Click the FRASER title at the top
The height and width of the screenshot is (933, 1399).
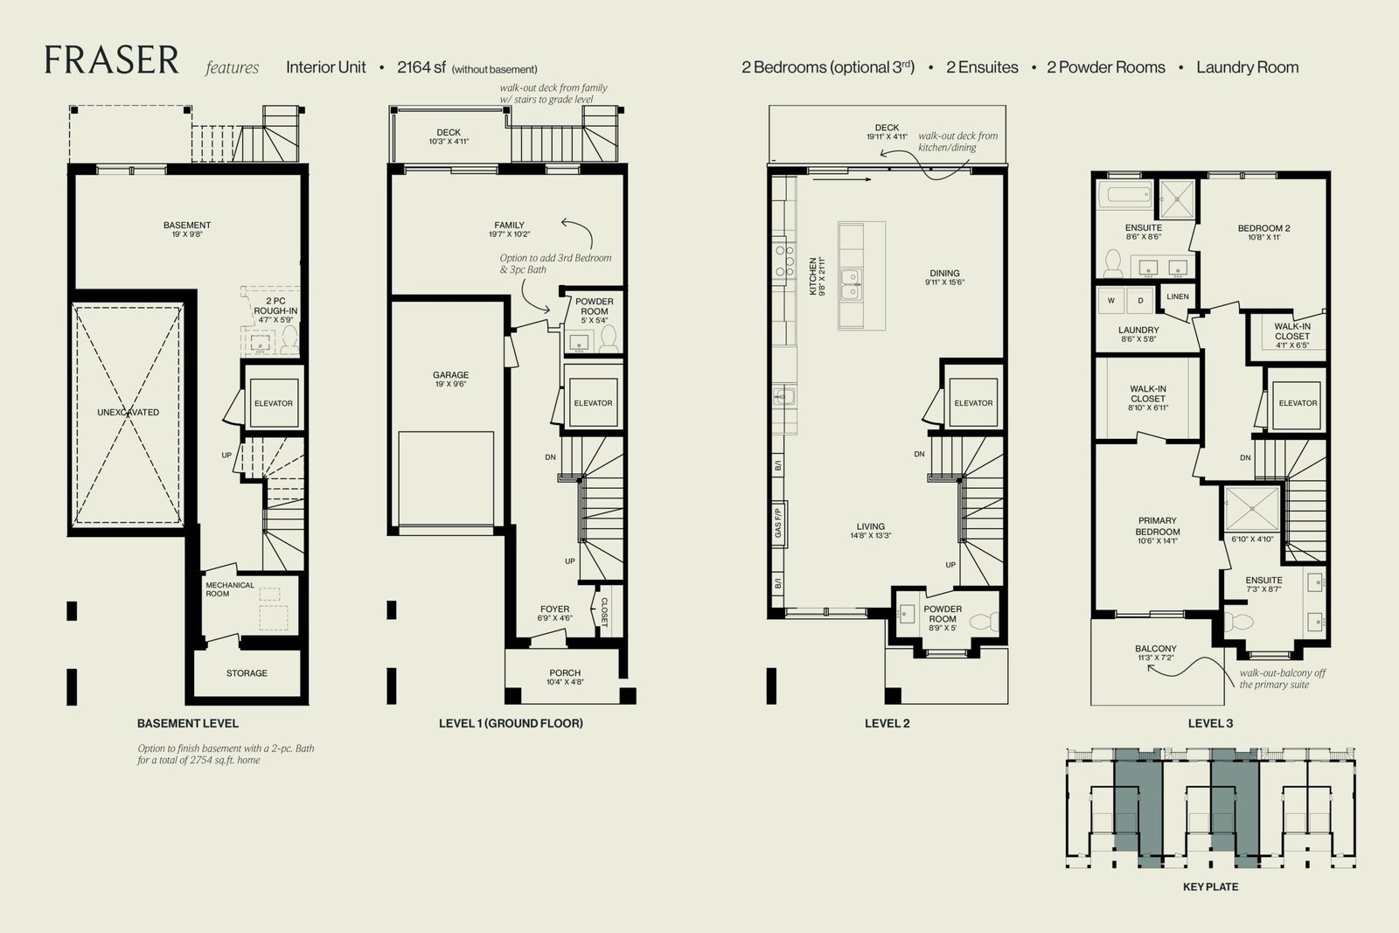[112, 60]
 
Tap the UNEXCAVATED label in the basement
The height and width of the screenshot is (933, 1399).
[128, 412]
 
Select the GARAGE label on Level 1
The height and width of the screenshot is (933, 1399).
[450, 375]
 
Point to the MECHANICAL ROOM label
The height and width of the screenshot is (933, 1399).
[230, 589]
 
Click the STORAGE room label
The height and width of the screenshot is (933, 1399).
[247, 673]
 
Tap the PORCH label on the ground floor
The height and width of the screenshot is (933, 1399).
[565, 672]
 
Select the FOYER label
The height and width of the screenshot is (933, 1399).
[554, 609]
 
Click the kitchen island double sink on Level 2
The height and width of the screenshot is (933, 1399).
[851, 284]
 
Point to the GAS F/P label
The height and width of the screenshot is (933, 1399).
[777, 523]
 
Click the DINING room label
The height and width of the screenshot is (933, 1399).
[944, 273]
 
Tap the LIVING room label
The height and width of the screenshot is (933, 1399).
[871, 526]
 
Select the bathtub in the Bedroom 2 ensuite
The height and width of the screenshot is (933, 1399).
[1125, 194]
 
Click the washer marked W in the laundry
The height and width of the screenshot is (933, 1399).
[1111, 301]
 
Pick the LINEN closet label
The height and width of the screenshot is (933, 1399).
[1178, 296]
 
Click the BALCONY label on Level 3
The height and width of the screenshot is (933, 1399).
[1156, 648]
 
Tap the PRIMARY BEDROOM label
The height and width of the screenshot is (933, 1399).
[1158, 526]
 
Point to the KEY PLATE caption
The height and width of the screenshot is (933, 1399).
[1210, 887]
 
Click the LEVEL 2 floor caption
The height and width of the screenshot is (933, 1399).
[887, 723]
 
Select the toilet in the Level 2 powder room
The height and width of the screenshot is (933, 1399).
[985, 622]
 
